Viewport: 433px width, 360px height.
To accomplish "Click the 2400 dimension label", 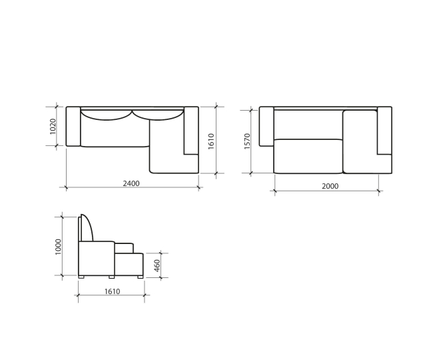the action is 131,183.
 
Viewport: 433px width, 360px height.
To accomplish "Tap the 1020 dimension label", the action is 53,126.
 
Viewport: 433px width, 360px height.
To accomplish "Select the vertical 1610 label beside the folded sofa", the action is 211,141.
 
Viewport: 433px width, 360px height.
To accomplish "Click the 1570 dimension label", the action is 247,141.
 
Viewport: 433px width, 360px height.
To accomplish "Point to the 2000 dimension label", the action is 330,186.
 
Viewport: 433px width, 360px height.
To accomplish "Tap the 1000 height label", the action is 58,247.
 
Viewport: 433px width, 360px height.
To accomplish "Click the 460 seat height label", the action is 157,265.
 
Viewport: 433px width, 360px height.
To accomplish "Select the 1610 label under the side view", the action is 112,291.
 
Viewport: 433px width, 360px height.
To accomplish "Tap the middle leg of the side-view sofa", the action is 111,277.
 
